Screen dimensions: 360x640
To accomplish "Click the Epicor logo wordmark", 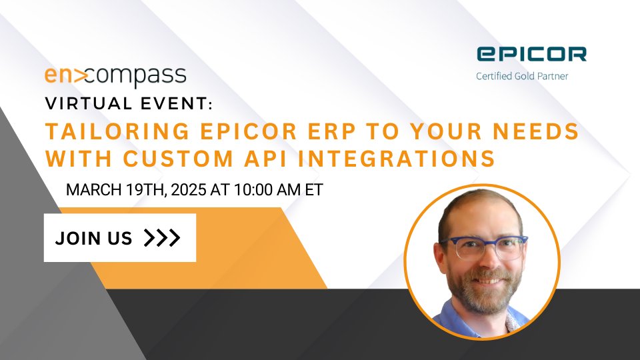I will point(531,54).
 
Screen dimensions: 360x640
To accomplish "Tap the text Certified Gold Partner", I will point(522,76).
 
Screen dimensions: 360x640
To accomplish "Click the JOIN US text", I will point(94,238).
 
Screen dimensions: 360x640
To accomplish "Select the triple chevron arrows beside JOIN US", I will point(162,238).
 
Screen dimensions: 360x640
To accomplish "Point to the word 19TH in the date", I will point(139,190).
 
